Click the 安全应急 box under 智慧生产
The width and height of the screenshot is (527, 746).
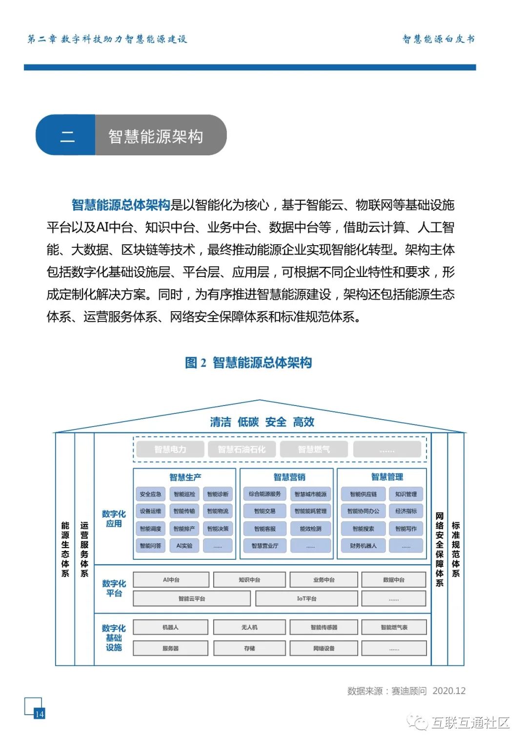(150, 494)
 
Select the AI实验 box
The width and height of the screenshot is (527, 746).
(184, 546)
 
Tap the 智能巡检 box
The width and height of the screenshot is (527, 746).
(184, 494)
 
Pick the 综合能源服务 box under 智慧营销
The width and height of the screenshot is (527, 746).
(264, 494)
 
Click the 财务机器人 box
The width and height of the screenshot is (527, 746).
(363, 546)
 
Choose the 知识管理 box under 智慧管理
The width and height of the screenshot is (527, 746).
(406, 494)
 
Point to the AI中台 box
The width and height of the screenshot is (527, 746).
(171, 580)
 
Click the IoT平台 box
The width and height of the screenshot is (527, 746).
(306, 598)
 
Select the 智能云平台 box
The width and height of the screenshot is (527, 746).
(191, 598)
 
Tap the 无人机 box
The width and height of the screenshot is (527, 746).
(249, 627)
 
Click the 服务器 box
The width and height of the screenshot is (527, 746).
(170, 648)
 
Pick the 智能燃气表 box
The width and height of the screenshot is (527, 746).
(394, 627)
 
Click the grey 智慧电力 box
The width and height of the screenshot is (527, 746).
(170, 449)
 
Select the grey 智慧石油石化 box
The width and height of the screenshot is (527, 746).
(242, 449)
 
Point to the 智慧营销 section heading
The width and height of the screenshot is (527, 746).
(289, 477)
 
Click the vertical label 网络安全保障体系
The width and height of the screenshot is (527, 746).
(440, 549)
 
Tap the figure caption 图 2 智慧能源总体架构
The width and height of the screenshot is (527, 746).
(248, 362)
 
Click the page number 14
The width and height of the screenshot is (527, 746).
(39, 714)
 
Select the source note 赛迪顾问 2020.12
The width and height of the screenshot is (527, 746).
(406, 691)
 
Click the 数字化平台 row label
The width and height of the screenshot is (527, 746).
(114, 588)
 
